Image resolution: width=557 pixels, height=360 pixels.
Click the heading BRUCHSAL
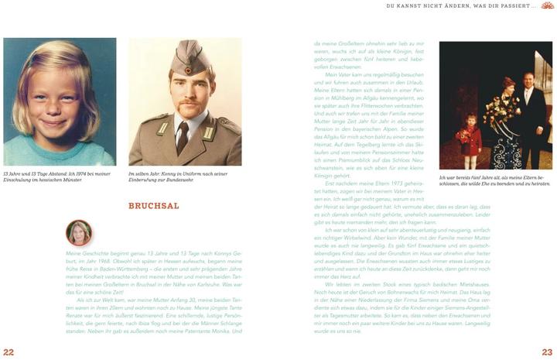coord(154,206)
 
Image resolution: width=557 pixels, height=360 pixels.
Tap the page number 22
coord(9,351)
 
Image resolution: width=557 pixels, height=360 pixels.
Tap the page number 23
coord(547,351)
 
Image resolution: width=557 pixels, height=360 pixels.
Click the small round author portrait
coord(79,232)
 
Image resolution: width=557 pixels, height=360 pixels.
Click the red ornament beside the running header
coord(547,6)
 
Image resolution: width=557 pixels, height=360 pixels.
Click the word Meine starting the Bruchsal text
coord(73,253)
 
